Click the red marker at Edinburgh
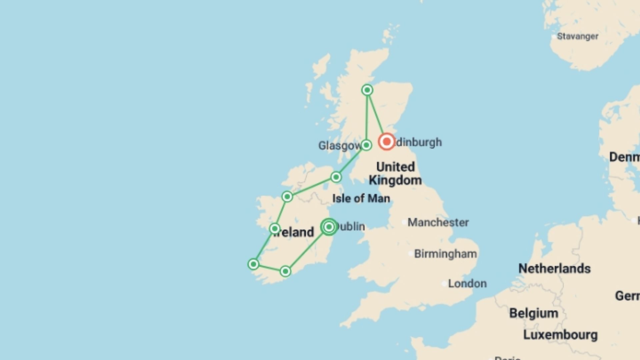(387, 142)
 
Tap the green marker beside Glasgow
(366, 145)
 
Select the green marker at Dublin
(329, 227)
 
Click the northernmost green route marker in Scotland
(367, 90)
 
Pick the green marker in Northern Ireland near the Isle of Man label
(336, 177)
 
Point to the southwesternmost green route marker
(253, 264)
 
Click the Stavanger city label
(578, 36)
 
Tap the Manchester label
(438, 222)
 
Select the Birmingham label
(445, 254)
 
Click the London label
(467, 284)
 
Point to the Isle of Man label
(361, 199)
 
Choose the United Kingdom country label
(395, 174)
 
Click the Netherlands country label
(554, 269)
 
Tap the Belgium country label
(533, 313)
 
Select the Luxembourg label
(560, 335)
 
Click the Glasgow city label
(339, 146)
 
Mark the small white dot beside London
(444, 284)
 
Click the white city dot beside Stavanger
(554, 37)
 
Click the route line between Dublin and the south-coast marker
(307, 250)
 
